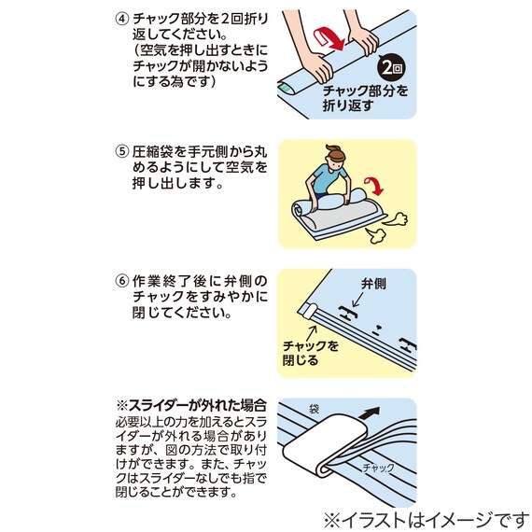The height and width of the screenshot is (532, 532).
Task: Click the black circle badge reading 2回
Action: pos(391,69)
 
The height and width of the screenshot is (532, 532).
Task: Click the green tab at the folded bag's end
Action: pos(287,87)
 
